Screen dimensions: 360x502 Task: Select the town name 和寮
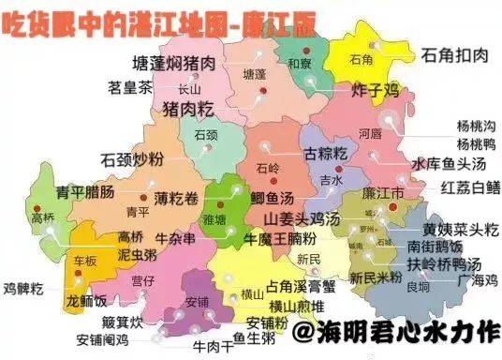(300, 64)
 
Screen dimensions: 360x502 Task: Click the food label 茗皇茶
(130, 88)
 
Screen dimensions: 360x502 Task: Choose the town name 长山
(189, 90)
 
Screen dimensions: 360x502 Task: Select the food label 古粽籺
(326, 152)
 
